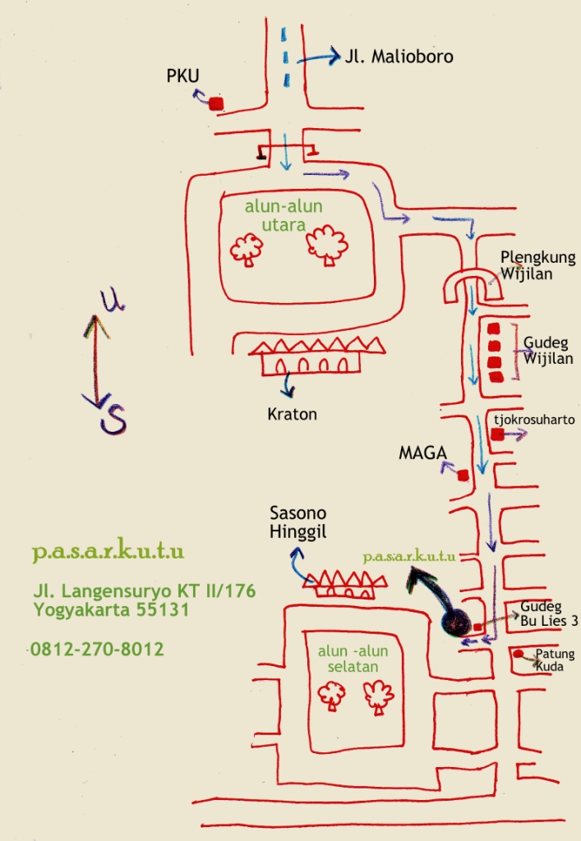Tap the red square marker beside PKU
216,103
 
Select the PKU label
183,76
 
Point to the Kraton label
292,414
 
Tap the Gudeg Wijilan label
548,352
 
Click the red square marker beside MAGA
463,475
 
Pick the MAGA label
422,453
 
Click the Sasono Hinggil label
297,524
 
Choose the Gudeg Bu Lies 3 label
548,614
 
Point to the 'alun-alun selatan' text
353,659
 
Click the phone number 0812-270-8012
97,649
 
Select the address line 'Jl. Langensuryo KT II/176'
144,591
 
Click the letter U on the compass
109,301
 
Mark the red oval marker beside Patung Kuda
519,655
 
